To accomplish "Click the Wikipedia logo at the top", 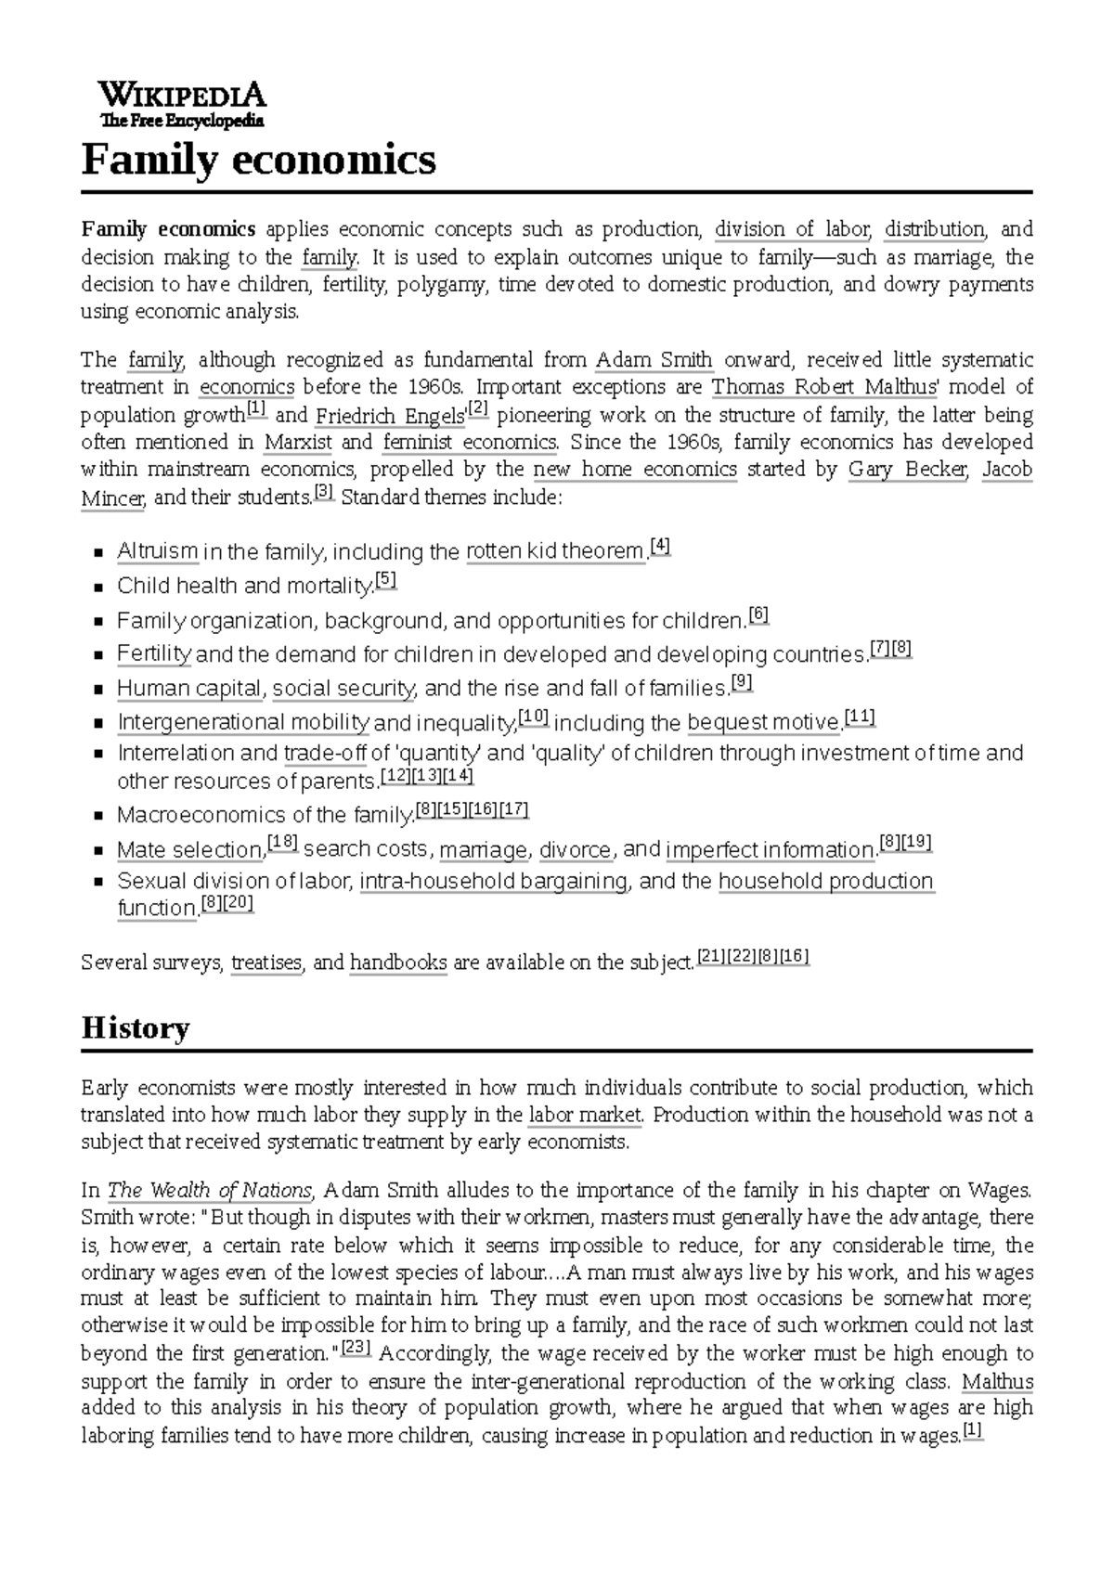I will pyautogui.click(x=182, y=104).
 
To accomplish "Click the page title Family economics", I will pyautogui.click(x=258, y=160).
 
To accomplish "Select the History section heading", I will pyautogui.click(x=136, y=1027).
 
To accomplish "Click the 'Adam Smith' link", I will pyautogui.click(x=654, y=360).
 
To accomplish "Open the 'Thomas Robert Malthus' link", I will pyautogui.click(x=824, y=387).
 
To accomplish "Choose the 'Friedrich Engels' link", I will pyautogui.click(x=390, y=415).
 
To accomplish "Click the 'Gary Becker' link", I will pyautogui.click(x=907, y=470).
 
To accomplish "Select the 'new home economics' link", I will pyautogui.click(x=635, y=470).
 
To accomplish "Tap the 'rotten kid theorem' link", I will pyautogui.click(x=555, y=552).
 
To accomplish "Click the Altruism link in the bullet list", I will pyautogui.click(x=157, y=552).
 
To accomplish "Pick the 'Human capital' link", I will pyautogui.click(x=188, y=689).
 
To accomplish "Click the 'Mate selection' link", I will pyautogui.click(x=189, y=850).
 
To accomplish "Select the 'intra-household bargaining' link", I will pyautogui.click(x=493, y=882).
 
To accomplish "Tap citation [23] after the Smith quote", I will pyautogui.click(x=356, y=1348).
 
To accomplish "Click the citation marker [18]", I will pyautogui.click(x=282, y=844).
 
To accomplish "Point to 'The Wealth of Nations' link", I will pyautogui.click(x=211, y=1191).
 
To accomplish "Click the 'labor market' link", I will pyautogui.click(x=584, y=1115).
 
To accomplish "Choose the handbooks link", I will pyautogui.click(x=398, y=963).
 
